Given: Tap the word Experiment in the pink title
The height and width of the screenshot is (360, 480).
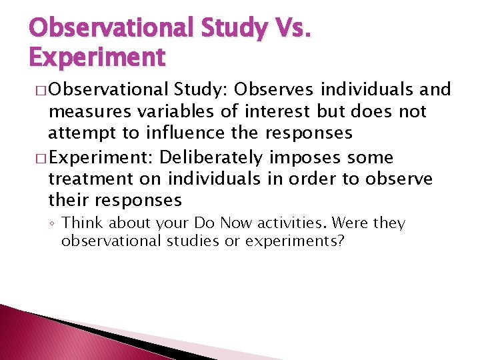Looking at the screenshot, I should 97,57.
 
